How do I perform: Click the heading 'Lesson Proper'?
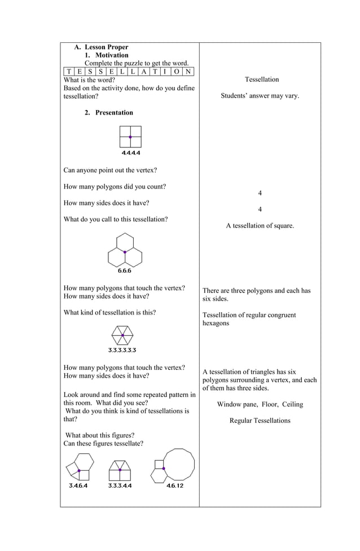pyautogui.click(x=106, y=47)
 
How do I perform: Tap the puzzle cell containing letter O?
pyautogui.click(x=177, y=71)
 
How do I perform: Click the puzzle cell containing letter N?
pyautogui.click(x=188, y=71)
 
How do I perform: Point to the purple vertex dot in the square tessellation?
pyautogui.click(x=130, y=137)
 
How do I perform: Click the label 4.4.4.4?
pyautogui.click(x=130, y=153)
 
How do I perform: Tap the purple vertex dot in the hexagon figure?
pyautogui.click(x=125, y=252)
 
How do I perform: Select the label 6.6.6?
pyautogui.click(x=125, y=271)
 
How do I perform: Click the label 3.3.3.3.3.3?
pyautogui.click(x=122, y=350)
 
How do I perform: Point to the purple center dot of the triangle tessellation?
pyautogui.click(x=122, y=335)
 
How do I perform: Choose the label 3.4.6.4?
pyautogui.click(x=78, y=486)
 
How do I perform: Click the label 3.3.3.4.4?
pyautogui.click(x=120, y=486)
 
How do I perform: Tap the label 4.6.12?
pyautogui.click(x=174, y=486)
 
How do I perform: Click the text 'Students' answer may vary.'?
pyautogui.click(x=260, y=96)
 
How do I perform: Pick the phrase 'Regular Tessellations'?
pyautogui.click(x=260, y=421)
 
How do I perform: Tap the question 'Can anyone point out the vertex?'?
pyautogui.click(x=110, y=170)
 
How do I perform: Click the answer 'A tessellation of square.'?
pyautogui.click(x=260, y=226)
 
